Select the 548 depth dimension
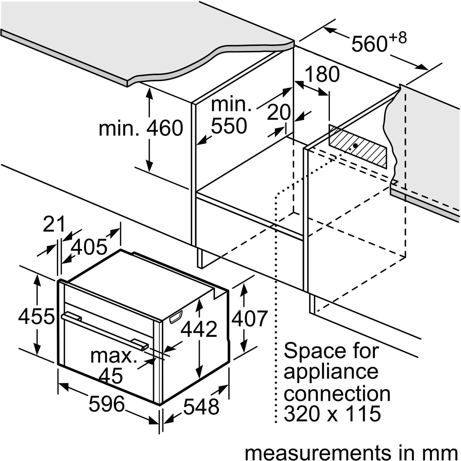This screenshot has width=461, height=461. click(201, 407)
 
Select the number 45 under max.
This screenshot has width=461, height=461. click(111, 375)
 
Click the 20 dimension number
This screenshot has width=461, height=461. click(279, 112)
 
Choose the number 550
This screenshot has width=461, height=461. click(229, 126)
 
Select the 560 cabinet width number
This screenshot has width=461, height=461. click(369, 44)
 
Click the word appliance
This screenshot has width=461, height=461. click(331, 372)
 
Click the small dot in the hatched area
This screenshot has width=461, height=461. click(355, 145)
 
